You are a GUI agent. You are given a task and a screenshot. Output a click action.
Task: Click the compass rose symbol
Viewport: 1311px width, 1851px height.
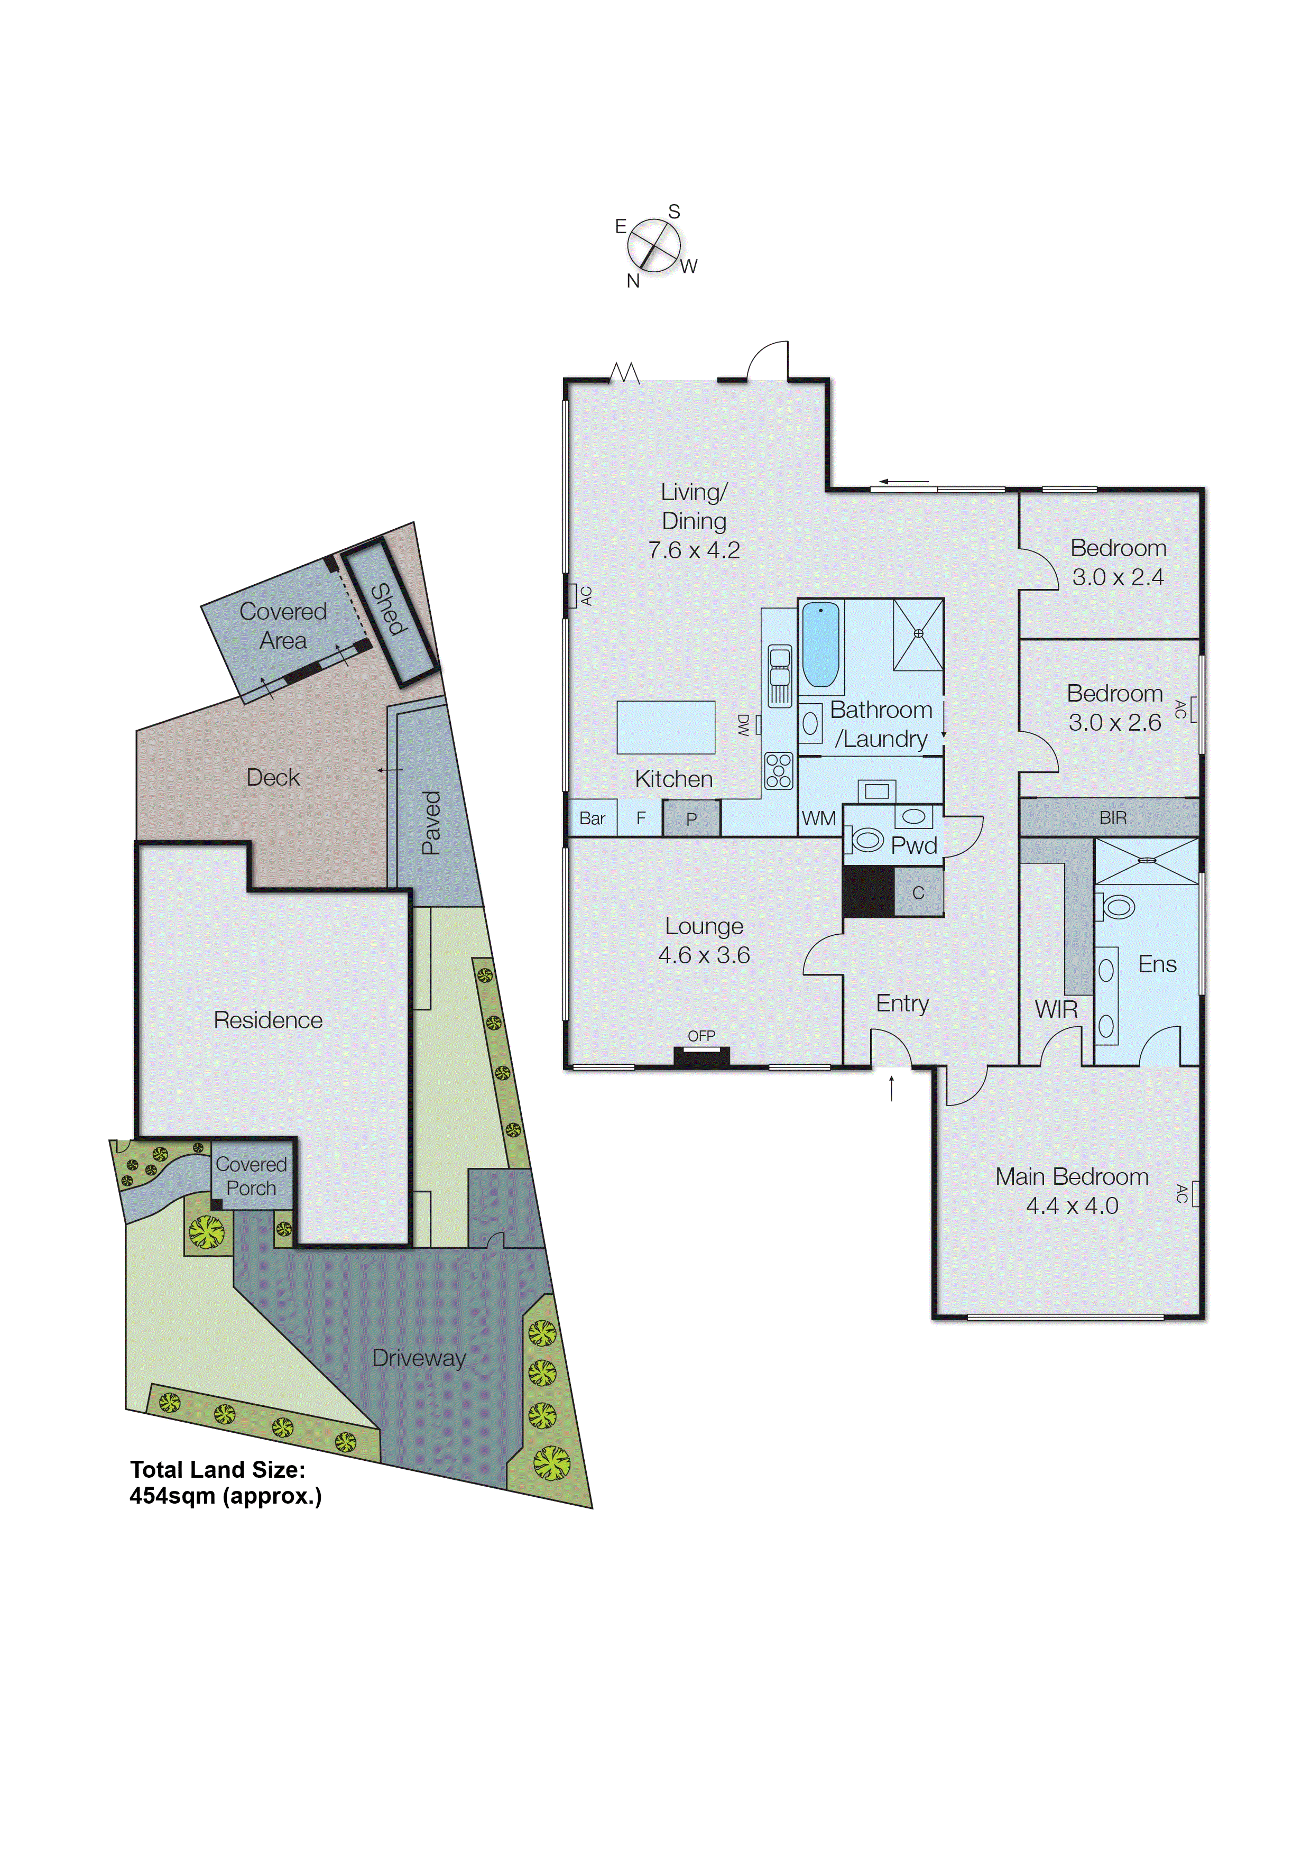tap(654, 245)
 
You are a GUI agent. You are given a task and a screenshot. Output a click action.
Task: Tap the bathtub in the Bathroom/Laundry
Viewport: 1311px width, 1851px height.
tap(820, 643)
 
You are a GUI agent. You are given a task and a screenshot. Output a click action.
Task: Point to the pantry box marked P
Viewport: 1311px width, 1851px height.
tap(691, 818)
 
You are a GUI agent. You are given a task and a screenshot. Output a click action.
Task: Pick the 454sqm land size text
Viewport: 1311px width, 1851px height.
tap(225, 1496)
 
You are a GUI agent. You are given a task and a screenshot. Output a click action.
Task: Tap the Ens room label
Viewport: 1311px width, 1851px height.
tap(1157, 964)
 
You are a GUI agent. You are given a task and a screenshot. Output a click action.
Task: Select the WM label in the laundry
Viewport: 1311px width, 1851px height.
tap(818, 818)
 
